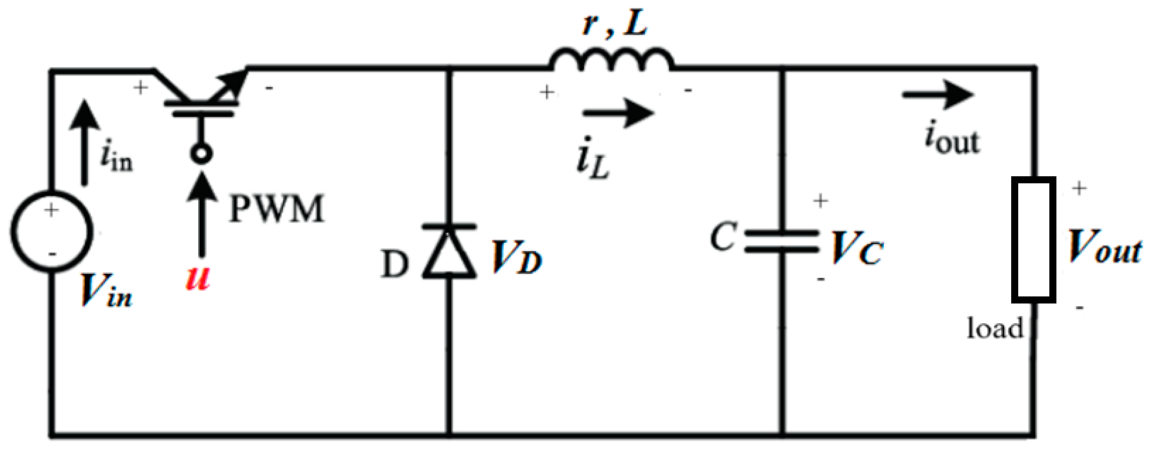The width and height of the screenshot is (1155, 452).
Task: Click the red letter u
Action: click(197, 279)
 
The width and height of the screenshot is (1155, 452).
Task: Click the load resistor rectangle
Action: click(1033, 240)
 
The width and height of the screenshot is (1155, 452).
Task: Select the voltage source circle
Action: click(51, 232)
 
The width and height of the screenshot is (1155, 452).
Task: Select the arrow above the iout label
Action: click(937, 94)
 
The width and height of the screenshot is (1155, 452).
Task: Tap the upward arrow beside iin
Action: click(84, 142)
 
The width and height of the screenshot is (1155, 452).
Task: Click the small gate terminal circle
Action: click(202, 153)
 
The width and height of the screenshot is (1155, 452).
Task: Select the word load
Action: click(995, 329)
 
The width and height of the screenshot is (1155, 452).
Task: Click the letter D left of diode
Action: click(394, 264)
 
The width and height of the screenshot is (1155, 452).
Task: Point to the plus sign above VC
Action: click(821, 201)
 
